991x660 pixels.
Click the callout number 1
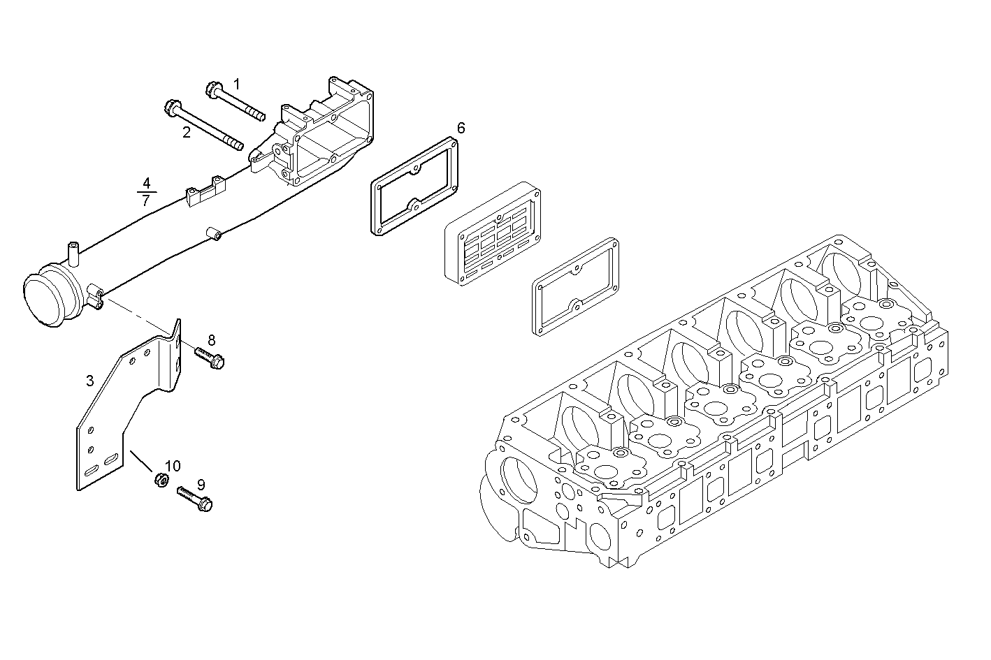[236, 85]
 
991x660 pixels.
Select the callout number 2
[186, 132]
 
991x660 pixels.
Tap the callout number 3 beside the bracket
[89, 381]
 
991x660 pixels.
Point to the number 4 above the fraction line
[146, 184]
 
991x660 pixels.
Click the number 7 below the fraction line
[145, 200]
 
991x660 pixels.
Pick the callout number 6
[461, 128]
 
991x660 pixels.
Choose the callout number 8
[211, 340]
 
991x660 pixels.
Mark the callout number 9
[201, 484]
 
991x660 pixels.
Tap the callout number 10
[173, 466]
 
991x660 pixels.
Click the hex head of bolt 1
[213, 89]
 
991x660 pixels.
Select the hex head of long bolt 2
[171, 108]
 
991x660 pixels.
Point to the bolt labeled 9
[195, 499]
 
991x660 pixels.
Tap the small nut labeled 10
[161, 481]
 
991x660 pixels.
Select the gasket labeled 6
[414, 187]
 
